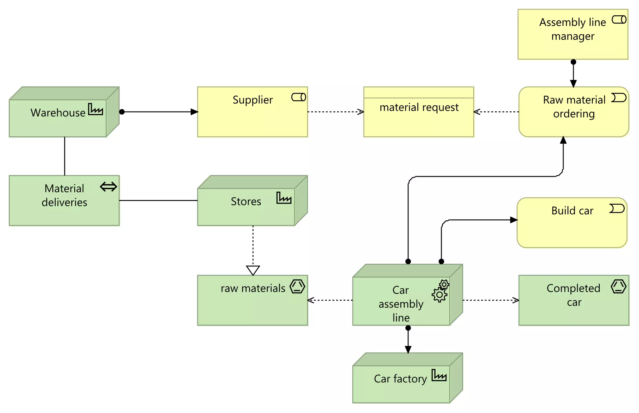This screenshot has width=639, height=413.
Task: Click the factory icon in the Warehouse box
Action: pyautogui.click(x=95, y=109)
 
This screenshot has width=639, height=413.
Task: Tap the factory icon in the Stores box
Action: pyautogui.click(x=284, y=198)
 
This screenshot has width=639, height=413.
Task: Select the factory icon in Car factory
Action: pyautogui.click(x=439, y=375)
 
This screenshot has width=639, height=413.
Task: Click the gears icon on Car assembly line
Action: pyautogui.click(x=440, y=291)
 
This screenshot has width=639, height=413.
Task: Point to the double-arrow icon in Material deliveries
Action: pyautogui.click(x=109, y=187)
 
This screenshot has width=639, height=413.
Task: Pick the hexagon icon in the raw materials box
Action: pyautogui.click(x=297, y=286)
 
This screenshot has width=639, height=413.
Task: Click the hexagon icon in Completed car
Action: pyautogui.click(x=618, y=286)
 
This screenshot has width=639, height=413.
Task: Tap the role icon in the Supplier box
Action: pyautogui.click(x=299, y=97)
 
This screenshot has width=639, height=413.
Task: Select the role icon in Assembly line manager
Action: pyautogui.click(x=619, y=20)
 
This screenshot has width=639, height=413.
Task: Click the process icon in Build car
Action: pyautogui.click(x=617, y=208)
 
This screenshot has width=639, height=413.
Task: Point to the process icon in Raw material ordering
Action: pyautogui.click(x=619, y=98)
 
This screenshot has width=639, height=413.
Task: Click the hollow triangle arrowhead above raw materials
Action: pyautogui.click(x=253, y=270)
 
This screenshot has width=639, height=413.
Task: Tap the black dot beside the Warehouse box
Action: pyautogui.click(x=122, y=112)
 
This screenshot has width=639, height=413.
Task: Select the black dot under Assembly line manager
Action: pyautogui.click(x=573, y=62)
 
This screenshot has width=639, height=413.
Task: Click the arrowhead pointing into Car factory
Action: pyautogui.click(x=408, y=350)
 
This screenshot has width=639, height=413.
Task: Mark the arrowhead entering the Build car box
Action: pyautogui.click(x=514, y=220)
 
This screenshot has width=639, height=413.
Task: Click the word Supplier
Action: pyautogui.click(x=253, y=100)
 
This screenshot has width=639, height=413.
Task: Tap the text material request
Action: pyautogui.click(x=419, y=107)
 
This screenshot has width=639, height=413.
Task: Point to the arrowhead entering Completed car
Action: pyautogui.click(x=516, y=300)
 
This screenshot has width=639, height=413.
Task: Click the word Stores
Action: pyautogui.click(x=246, y=202)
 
